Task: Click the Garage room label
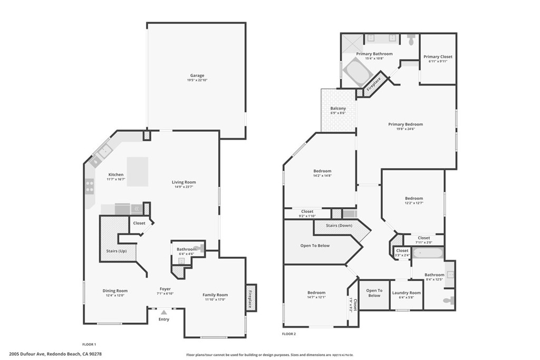point(197,75)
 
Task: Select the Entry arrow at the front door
point(164,313)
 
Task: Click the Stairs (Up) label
point(116,251)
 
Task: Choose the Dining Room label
point(115,290)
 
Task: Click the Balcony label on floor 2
point(338,109)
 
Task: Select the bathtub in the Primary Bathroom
point(358,71)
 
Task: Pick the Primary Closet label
point(438,56)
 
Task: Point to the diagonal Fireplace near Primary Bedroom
point(374,84)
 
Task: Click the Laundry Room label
point(407,293)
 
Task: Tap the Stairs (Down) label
point(339,225)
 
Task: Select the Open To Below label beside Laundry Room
point(374,293)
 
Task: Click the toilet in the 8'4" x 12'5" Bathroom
point(448,300)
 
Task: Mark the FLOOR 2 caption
point(289,334)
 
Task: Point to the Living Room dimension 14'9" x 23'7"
point(184,187)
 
